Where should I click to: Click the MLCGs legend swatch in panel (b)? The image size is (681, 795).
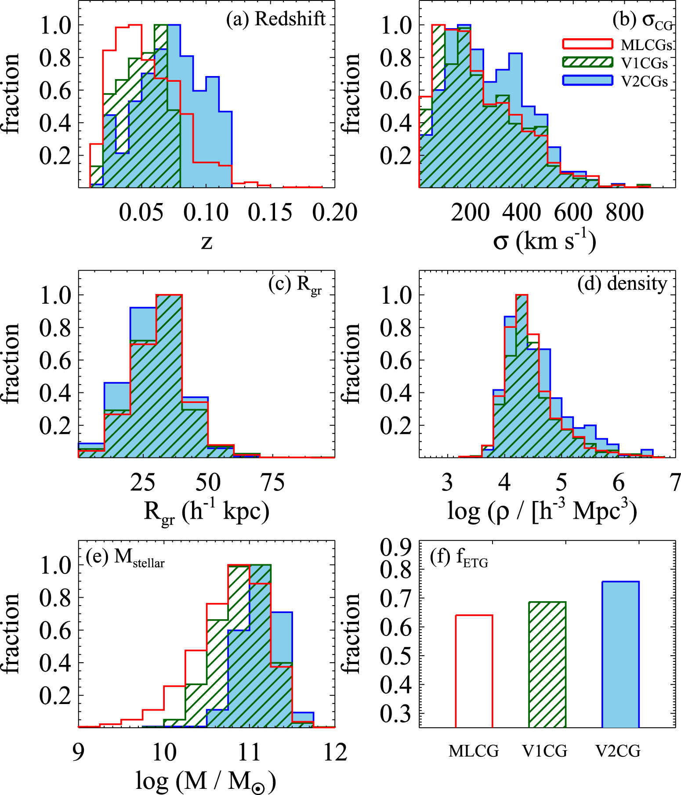click(587, 44)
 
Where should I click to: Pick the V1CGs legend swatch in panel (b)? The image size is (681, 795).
click(587, 62)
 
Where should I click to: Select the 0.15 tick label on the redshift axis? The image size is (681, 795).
click(270, 213)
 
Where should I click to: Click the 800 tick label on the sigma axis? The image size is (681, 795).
click(625, 213)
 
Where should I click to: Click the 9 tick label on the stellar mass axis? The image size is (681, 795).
click(79, 752)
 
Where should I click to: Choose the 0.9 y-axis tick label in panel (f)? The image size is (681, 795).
click(395, 547)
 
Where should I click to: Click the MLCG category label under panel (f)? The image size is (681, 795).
click(474, 751)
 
